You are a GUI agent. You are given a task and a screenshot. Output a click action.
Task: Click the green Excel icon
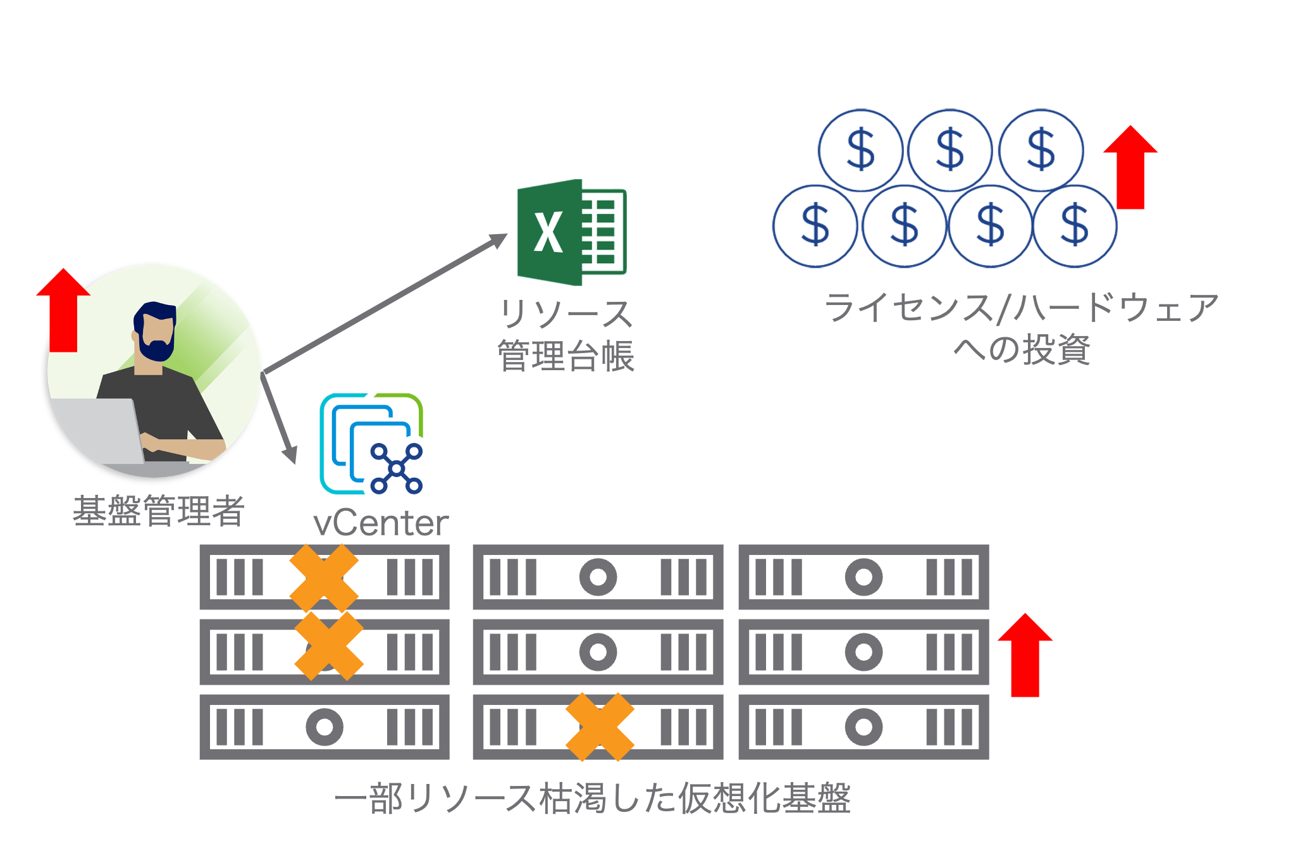571,232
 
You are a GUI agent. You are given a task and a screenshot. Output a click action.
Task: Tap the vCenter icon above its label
371,444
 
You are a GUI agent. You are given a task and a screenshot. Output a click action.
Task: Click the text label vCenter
381,523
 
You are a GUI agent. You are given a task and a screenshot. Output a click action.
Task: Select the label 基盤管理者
158,511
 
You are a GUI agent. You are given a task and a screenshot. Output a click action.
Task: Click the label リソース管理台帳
566,335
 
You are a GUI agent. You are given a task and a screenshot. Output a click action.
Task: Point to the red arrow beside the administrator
63,311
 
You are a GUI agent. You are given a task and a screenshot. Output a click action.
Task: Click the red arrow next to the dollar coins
1130,168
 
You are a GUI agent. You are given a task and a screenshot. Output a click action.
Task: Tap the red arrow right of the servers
1025,656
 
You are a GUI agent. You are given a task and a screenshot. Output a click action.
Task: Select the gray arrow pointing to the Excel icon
386,303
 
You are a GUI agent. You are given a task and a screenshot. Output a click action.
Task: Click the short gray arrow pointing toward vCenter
279,418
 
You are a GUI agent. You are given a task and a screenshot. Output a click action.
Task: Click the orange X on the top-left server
324,577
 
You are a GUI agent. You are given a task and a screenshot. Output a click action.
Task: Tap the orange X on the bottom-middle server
599,726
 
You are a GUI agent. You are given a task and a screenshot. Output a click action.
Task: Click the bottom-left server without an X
325,726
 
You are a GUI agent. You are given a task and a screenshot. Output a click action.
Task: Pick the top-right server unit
863,577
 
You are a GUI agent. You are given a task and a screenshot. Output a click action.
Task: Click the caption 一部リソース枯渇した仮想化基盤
592,798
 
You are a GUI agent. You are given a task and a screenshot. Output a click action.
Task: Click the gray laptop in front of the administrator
98,430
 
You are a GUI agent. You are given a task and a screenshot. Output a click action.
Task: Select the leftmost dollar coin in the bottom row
815,226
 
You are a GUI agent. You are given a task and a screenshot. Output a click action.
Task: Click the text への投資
1022,349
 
